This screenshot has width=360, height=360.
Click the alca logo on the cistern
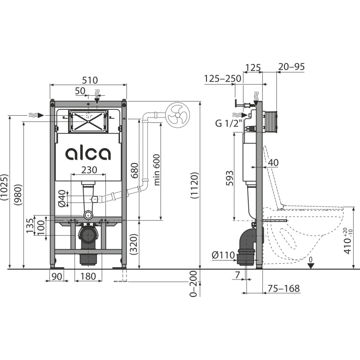pyautogui.click(x=88, y=153)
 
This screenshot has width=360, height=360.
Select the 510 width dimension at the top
pyautogui.click(x=89, y=80)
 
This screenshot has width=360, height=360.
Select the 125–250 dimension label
pyautogui.click(x=222, y=78)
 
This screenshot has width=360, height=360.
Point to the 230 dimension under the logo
pyautogui.click(x=88, y=170)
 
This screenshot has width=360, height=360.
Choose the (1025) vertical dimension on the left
pyautogui.click(x=4, y=190)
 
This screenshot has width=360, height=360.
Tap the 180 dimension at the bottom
pyautogui.click(x=88, y=276)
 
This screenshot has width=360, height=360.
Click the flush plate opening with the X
pyautogui.click(x=88, y=121)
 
